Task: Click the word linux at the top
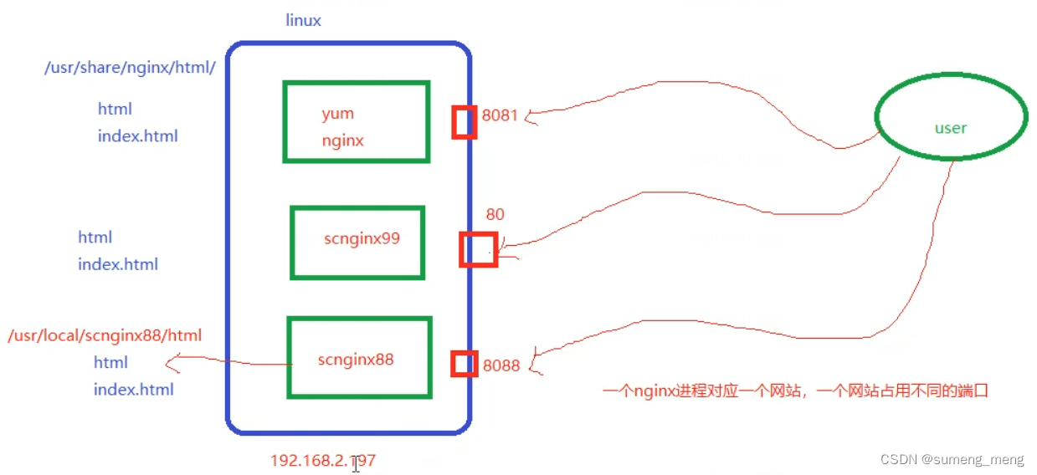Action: pyautogui.click(x=303, y=21)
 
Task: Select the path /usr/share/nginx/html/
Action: pyautogui.click(x=130, y=68)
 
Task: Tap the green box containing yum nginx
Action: pyautogui.click(x=357, y=121)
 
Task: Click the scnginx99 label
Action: pyautogui.click(x=362, y=238)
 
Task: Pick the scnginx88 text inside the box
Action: pyautogui.click(x=356, y=360)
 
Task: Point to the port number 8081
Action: pyautogui.click(x=500, y=115)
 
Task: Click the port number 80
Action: pyautogui.click(x=495, y=215)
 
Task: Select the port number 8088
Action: pyautogui.click(x=501, y=365)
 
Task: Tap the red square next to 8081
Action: pyautogui.click(x=465, y=122)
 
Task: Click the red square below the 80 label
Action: pyautogui.click(x=479, y=249)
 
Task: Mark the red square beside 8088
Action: pyautogui.click(x=465, y=364)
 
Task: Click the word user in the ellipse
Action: pyautogui.click(x=951, y=128)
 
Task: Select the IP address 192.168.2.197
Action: pyautogui.click(x=322, y=461)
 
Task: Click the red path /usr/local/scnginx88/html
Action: pyautogui.click(x=105, y=335)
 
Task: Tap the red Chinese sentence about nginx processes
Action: pyautogui.click(x=795, y=390)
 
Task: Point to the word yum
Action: pyautogui.click(x=337, y=114)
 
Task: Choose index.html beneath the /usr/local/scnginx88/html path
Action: pyautogui.click(x=133, y=390)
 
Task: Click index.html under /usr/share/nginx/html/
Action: pyautogui.click(x=137, y=136)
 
